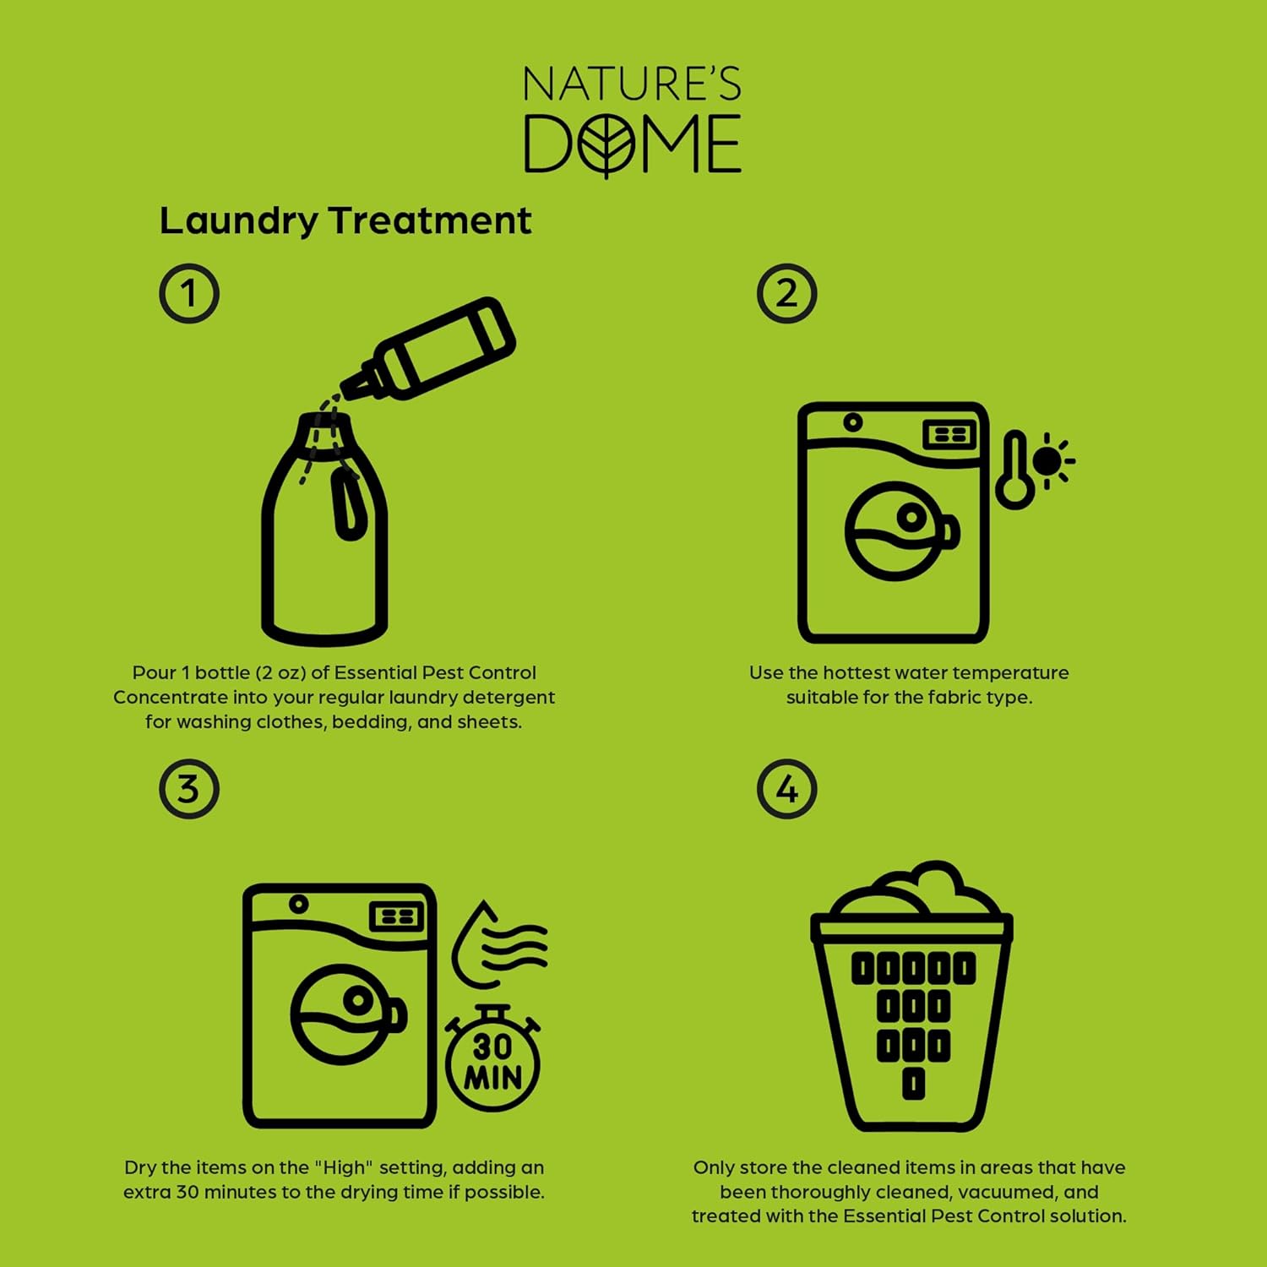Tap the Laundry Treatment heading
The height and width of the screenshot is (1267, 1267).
(x=345, y=221)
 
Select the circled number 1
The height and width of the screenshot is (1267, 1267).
(x=189, y=294)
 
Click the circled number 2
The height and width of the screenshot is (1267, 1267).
(x=786, y=294)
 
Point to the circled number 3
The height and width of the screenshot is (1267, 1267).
(x=189, y=789)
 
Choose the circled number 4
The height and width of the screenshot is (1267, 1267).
(x=786, y=789)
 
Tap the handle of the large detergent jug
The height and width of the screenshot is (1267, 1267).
(x=346, y=503)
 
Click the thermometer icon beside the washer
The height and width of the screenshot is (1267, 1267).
(x=1014, y=470)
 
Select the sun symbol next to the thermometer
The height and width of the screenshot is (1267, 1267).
(x=1049, y=461)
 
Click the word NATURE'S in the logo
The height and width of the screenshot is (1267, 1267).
(x=632, y=84)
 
